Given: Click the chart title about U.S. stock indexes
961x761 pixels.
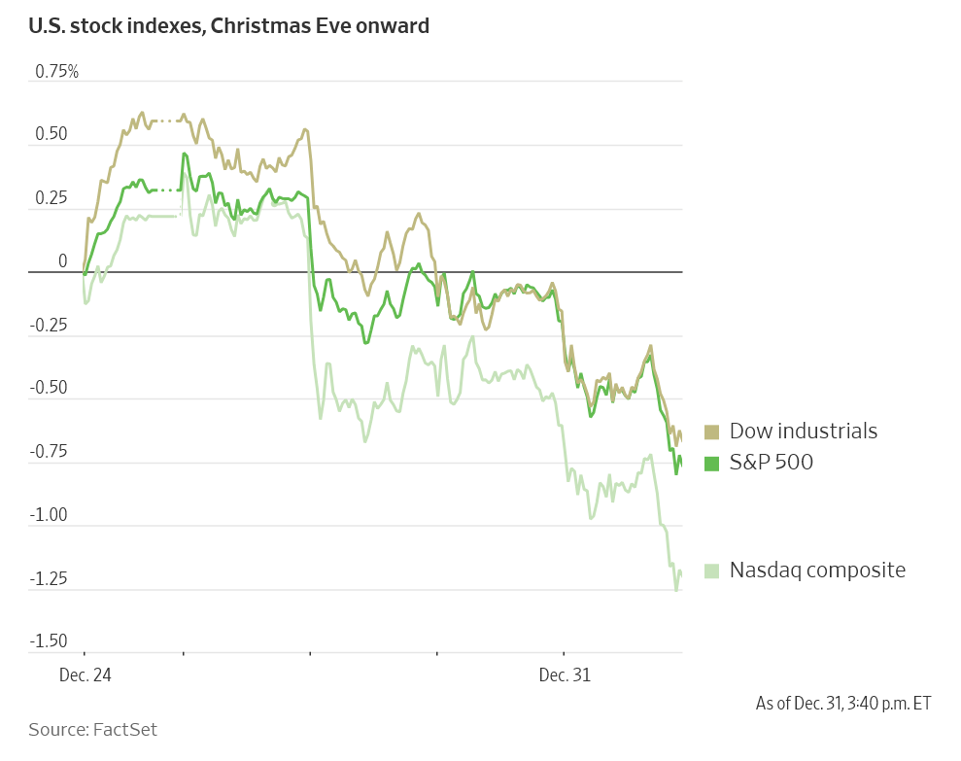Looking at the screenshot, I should [x=228, y=26].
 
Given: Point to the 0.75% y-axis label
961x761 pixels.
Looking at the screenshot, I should [x=56, y=72].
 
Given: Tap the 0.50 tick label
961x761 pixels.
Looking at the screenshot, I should [x=51, y=134].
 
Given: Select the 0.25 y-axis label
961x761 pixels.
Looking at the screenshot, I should [x=51, y=198].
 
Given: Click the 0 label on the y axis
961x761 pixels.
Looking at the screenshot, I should [x=63, y=261].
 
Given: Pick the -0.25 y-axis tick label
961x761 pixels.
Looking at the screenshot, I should [x=49, y=326].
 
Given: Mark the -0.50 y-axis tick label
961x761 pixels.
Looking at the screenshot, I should [x=49, y=389].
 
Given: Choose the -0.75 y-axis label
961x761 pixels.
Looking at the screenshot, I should [x=49, y=452].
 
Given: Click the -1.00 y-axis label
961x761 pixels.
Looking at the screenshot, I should [x=49, y=515].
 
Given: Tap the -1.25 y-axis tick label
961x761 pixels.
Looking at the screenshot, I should [x=49, y=579].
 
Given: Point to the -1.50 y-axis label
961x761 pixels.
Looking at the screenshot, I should [x=49, y=641].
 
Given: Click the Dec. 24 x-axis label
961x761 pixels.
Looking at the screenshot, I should [x=85, y=675].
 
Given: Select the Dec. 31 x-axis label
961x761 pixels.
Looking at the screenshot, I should [x=565, y=675].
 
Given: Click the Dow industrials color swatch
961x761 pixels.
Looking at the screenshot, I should [x=711, y=432].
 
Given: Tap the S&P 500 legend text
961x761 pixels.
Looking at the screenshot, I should [x=772, y=463].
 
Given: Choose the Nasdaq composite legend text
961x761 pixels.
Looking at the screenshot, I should [x=817, y=571].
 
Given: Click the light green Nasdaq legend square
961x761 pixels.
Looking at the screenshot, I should [x=711, y=571].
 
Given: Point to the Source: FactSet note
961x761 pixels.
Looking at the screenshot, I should [x=92, y=729].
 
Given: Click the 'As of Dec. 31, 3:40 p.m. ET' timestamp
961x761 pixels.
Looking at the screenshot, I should [x=842, y=703].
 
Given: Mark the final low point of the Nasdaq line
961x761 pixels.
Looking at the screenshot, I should [x=676, y=590].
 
